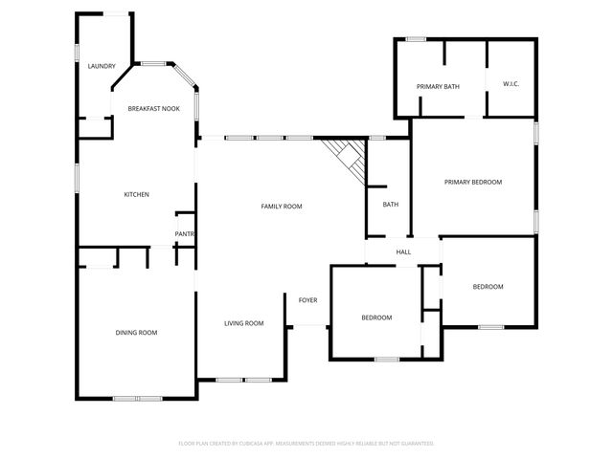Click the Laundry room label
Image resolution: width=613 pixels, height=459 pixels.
[101, 66]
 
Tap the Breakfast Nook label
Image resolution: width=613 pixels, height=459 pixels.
[154, 109]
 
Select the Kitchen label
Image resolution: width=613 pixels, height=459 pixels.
[136, 195]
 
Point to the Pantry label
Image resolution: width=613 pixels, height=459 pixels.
[185, 234]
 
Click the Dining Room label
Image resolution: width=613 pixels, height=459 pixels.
[136, 333]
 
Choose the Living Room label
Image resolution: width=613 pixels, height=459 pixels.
[243, 323]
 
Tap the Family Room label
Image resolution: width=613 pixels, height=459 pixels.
[282, 207]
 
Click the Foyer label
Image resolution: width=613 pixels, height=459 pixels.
[307, 300]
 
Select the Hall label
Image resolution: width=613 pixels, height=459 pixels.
[403, 252]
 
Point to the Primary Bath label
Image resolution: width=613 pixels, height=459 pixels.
[438, 87]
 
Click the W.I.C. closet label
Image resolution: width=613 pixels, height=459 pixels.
[511, 85]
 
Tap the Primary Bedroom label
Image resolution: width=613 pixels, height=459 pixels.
[472, 182]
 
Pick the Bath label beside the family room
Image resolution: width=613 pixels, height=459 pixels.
[391, 205]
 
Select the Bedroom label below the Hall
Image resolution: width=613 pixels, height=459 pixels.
[376, 317]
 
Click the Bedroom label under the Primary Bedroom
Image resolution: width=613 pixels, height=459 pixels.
[488, 287]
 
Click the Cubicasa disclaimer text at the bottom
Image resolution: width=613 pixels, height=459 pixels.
[306, 444]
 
